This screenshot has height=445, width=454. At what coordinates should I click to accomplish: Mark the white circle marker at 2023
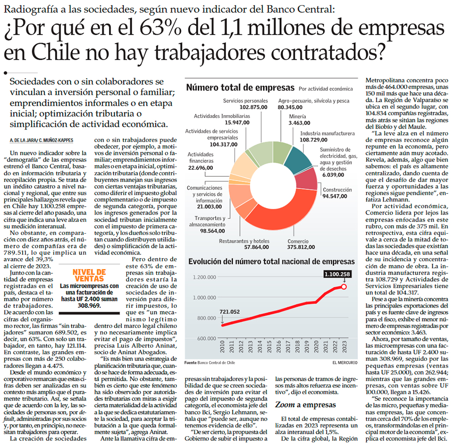point(344,287)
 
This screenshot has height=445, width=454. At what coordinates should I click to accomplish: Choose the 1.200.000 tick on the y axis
point(203,277)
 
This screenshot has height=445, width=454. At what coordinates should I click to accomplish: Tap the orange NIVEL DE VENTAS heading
point(89,275)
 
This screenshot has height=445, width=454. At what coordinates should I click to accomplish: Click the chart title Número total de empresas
point(240,87)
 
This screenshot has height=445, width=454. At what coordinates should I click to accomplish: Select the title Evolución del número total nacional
point(272,261)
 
